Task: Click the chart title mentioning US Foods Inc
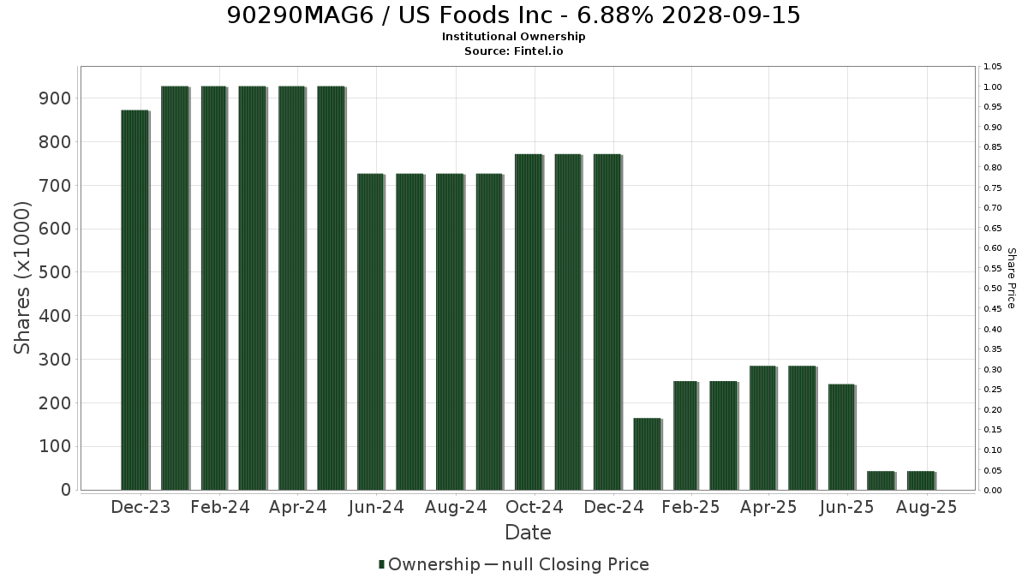click(x=513, y=15)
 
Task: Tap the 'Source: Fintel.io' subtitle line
click(x=513, y=51)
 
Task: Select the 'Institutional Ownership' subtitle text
click(x=513, y=37)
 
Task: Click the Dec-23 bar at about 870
click(x=135, y=300)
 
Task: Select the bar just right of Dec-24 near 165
click(x=647, y=454)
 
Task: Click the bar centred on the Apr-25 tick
click(x=762, y=428)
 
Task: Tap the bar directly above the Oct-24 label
click(x=529, y=322)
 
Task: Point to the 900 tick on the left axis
click(x=55, y=98)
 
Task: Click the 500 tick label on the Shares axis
click(x=55, y=272)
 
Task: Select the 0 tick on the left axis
click(x=67, y=490)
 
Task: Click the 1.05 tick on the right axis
click(x=993, y=67)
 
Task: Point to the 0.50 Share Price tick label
click(x=993, y=289)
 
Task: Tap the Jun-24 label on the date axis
click(x=376, y=507)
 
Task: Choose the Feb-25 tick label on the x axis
click(x=690, y=507)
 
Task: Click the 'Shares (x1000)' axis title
click(x=21, y=278)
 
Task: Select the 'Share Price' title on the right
click(x=1012, y=278)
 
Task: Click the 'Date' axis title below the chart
click(x=528, y=533)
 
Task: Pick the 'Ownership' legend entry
click(x=429, y=564)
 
